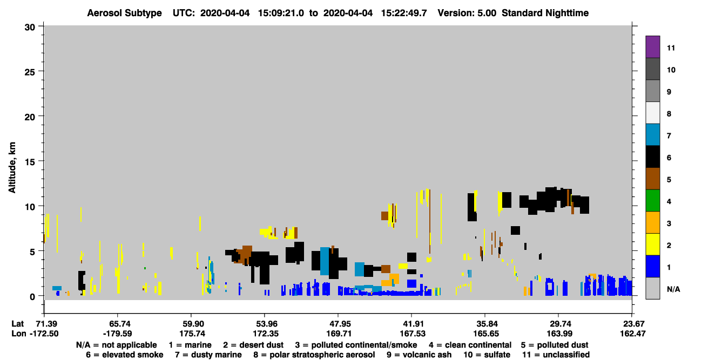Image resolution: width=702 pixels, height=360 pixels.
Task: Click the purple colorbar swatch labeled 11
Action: [x=652, y=46]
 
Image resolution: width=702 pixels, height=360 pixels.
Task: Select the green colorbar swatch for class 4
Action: [x=652, y=201]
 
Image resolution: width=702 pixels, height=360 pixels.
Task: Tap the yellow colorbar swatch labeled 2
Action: [x=652, y=244]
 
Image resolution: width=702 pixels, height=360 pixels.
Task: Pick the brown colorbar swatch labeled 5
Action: [x=652, y=179]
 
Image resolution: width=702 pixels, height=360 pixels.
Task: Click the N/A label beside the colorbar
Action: [x=673, y=289]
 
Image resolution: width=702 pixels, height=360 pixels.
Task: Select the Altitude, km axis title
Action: [x=12, y=167]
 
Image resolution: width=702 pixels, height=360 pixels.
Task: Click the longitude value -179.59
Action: [x=118, y=334]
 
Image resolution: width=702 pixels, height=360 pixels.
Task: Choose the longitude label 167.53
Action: [x=413, y=334]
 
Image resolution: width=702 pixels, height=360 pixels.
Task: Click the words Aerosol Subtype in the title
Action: [x=124, y=13]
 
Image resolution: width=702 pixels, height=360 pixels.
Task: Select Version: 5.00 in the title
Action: [x=467, y=13]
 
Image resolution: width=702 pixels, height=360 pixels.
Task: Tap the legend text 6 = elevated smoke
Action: [x=125, y=355]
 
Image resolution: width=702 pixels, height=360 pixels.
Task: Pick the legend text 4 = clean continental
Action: [x=470, y=345]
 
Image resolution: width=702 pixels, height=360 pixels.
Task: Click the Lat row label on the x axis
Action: [x=17, y=324]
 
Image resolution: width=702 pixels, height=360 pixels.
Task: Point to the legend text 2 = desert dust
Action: [x=253, y=345]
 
